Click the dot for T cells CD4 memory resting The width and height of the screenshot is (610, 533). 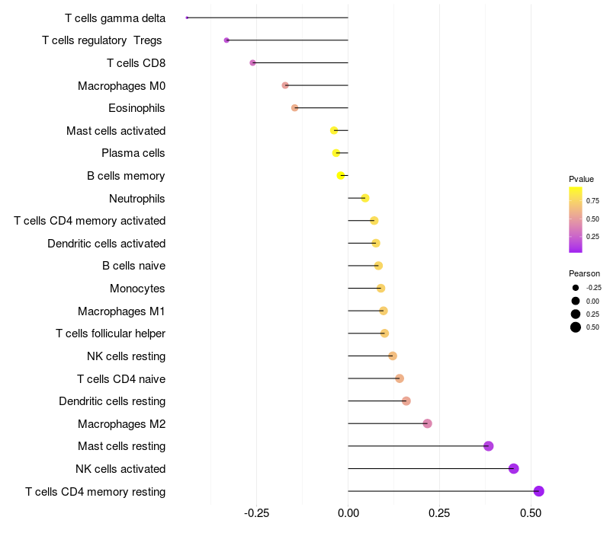tap(539, 491)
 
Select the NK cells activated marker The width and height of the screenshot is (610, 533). tap(514, 468)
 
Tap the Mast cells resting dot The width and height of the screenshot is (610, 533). tap(489, 446)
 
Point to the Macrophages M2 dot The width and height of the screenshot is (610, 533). tap(427, 423)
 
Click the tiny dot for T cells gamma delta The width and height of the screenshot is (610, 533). tap(187, 18)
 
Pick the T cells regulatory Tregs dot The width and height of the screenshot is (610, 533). tap(226, 40)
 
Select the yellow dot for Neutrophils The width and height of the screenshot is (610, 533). tap(365, 198)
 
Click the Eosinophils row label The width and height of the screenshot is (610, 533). tap(136, 108)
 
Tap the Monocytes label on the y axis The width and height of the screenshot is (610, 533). tap(137, 289)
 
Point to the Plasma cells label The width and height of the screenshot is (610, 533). tap(133, 153)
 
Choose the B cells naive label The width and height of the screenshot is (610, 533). tap(133, 266)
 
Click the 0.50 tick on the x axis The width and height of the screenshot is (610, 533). tap(531, 514)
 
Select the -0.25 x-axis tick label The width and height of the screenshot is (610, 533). tap(256, 514)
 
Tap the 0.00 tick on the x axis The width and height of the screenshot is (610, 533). tap(348, 514)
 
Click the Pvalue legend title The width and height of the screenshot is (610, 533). tap(581, 179)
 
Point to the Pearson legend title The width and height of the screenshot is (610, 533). tap(584, 273)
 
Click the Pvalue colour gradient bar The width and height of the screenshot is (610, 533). tap(576, 219)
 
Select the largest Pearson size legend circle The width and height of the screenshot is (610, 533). tap(576, 327)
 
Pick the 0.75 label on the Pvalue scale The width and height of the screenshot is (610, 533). tap(592, 201)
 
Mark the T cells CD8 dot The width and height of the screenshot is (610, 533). tap(253, 62)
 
